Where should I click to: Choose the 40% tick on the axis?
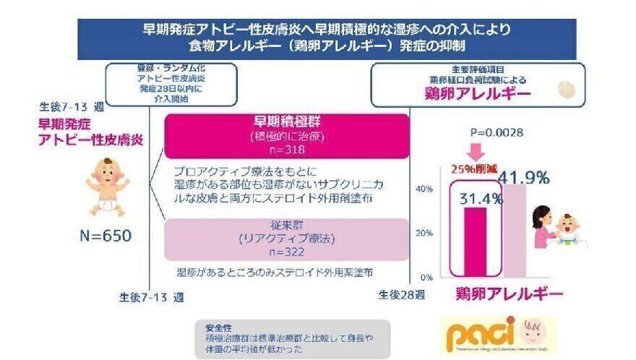(x=424, y=189)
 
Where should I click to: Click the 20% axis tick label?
(x=424, y=233)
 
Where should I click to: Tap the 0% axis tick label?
(x=426, y=277)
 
